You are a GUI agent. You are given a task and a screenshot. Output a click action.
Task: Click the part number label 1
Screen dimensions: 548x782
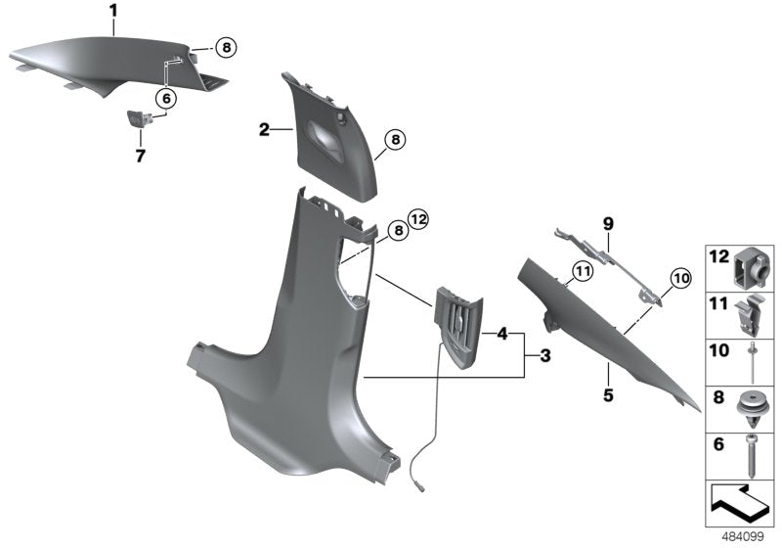(x=112, y=12)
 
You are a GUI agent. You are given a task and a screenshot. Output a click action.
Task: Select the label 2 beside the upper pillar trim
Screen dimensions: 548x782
(x=263, y=129)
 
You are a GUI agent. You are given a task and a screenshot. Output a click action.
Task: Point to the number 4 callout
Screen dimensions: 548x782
(x=501, y=334)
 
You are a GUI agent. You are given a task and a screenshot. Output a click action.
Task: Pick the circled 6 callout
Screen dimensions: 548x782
(x=165, y=98)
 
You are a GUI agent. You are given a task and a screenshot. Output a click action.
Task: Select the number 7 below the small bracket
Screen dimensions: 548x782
(x=140, y=157)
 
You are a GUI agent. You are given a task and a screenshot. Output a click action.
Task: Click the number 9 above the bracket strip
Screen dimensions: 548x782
(x=607, y=224)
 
